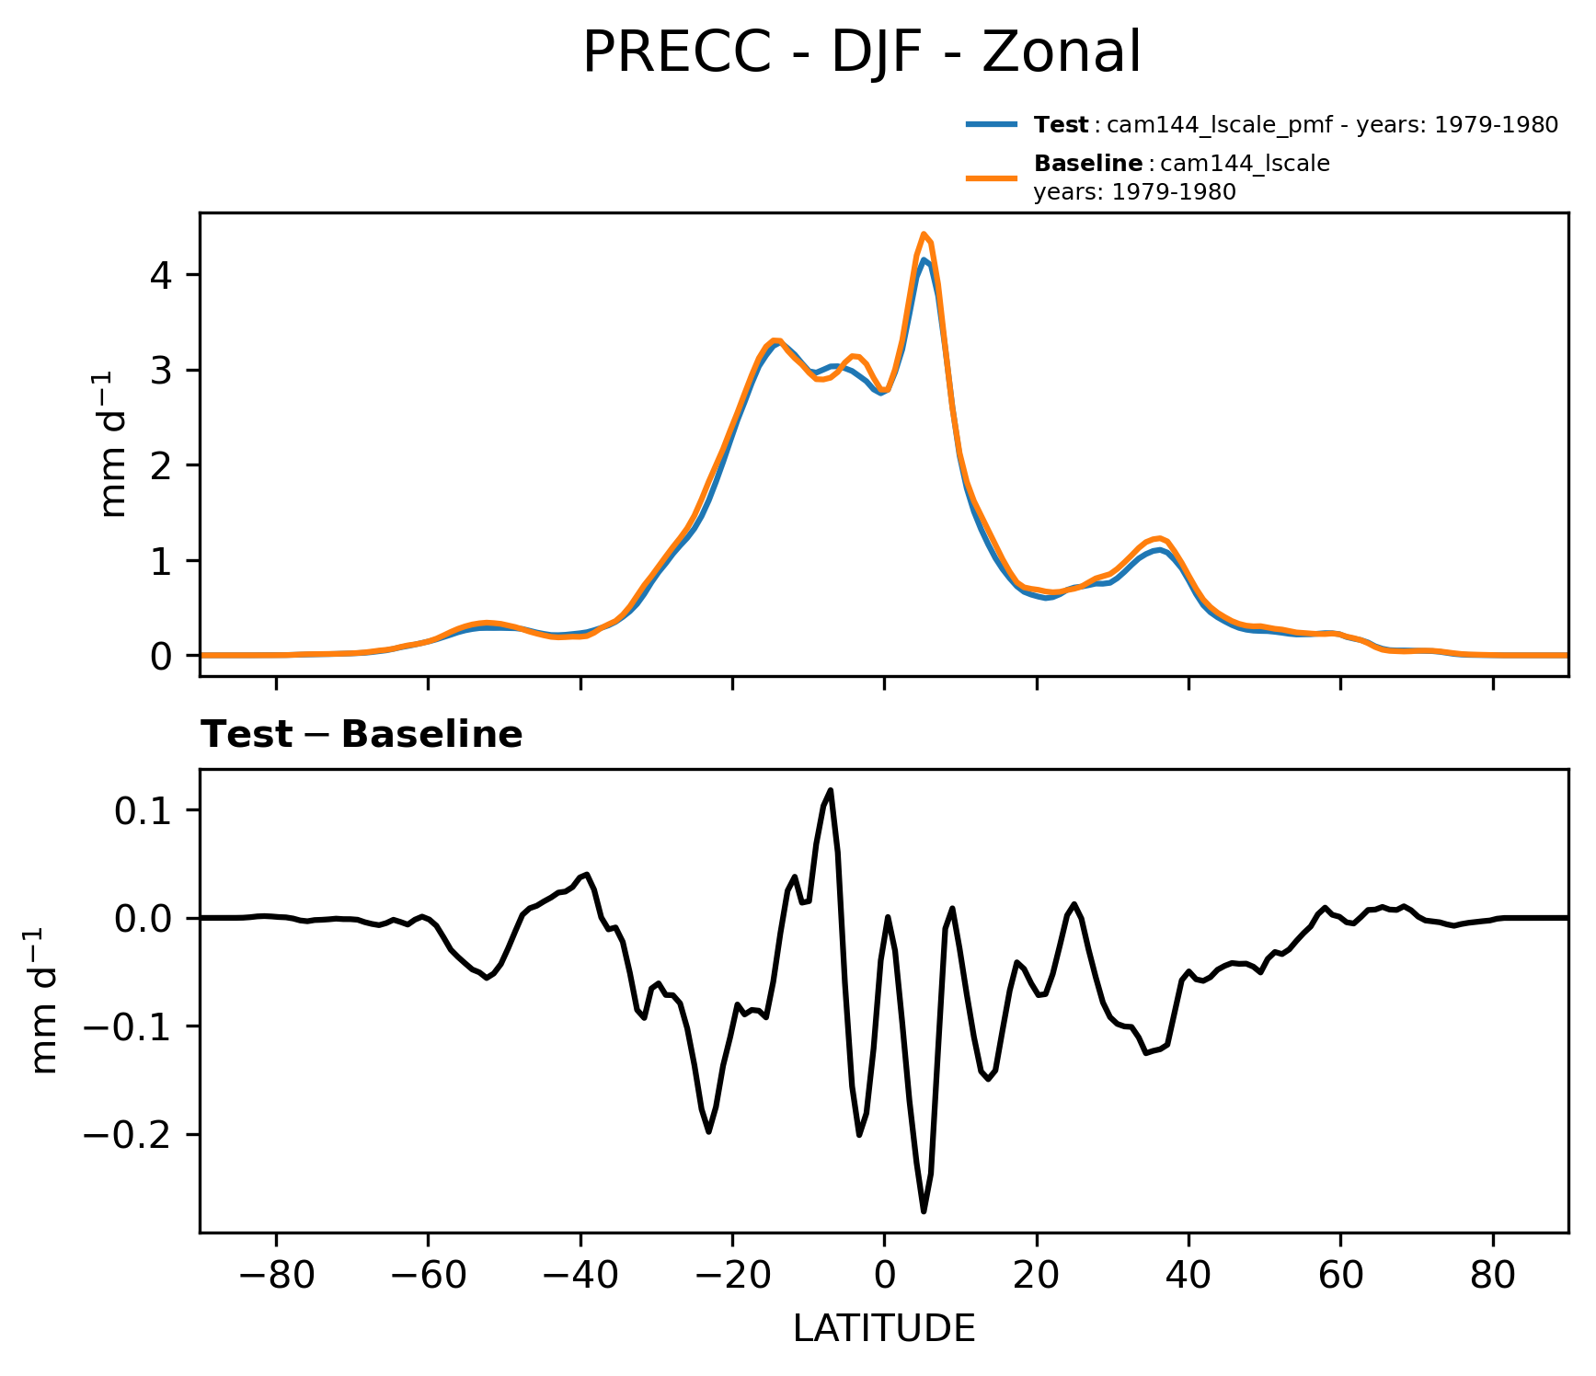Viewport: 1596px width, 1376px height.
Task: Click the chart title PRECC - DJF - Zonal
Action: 862,52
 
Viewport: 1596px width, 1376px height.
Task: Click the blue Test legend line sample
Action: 991,124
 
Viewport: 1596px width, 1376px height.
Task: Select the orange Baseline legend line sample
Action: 991,178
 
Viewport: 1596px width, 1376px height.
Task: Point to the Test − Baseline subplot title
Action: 362,735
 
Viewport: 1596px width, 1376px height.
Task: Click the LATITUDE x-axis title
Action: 883,1329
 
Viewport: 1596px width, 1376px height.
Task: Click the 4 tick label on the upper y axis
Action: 163,275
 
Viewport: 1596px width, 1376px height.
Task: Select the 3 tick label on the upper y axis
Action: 163,370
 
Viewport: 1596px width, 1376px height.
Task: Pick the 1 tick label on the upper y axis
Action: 163,561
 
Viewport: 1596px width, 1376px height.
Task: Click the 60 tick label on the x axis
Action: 1340,1276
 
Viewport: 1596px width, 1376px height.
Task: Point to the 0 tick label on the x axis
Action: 884,1276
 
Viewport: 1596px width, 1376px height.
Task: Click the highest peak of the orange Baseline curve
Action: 924,234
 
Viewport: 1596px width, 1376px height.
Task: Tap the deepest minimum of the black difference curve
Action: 924,1211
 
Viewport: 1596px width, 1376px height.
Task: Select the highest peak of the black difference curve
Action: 831,789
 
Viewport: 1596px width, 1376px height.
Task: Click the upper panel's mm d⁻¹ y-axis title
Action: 114,444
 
